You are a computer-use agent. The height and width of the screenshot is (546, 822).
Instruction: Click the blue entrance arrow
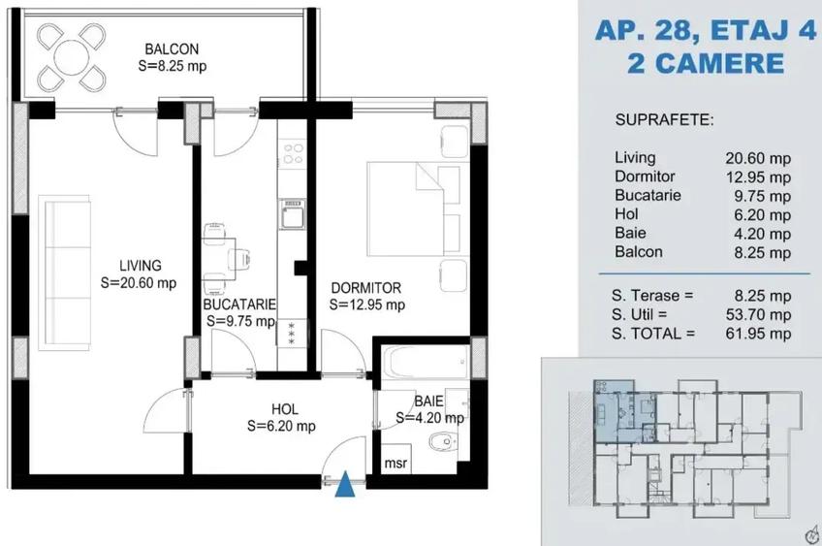(x=345, y=484)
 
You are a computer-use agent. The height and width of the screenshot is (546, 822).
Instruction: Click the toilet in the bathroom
(x=442, y=442)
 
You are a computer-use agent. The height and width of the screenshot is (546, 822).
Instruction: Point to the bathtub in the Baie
(x=426, y=361)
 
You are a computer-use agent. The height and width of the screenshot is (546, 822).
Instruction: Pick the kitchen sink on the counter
(x=292, y=213)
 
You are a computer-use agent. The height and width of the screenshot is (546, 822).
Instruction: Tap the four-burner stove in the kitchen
(x=293, y=152)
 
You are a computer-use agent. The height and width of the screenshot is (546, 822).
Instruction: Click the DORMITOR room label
(x=365, y=288)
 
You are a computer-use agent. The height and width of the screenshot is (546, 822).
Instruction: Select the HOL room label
(x=285, y=409)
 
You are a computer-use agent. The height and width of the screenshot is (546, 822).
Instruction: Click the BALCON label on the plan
(x=172, y=49)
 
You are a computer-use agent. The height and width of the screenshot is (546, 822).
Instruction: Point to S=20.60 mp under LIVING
(x=139, y=283)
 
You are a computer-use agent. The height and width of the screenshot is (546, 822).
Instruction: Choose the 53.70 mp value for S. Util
(x=758, y=314)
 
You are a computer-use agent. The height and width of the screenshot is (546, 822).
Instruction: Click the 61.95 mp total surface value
(x=758, y=334)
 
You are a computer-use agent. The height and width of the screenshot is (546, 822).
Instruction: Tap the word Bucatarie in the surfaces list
(x=648, y=195)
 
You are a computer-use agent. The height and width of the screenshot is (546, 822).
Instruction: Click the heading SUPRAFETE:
(x=665, y=119)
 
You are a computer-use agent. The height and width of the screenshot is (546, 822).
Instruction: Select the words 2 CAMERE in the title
(x=706, y=63)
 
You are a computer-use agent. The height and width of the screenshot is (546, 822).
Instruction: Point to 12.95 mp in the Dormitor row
(x=758, y=177)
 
